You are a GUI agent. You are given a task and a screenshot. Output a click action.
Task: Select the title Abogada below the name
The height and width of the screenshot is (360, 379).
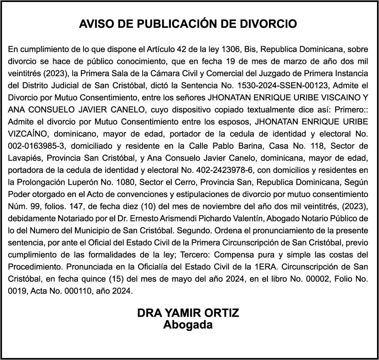188,325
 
